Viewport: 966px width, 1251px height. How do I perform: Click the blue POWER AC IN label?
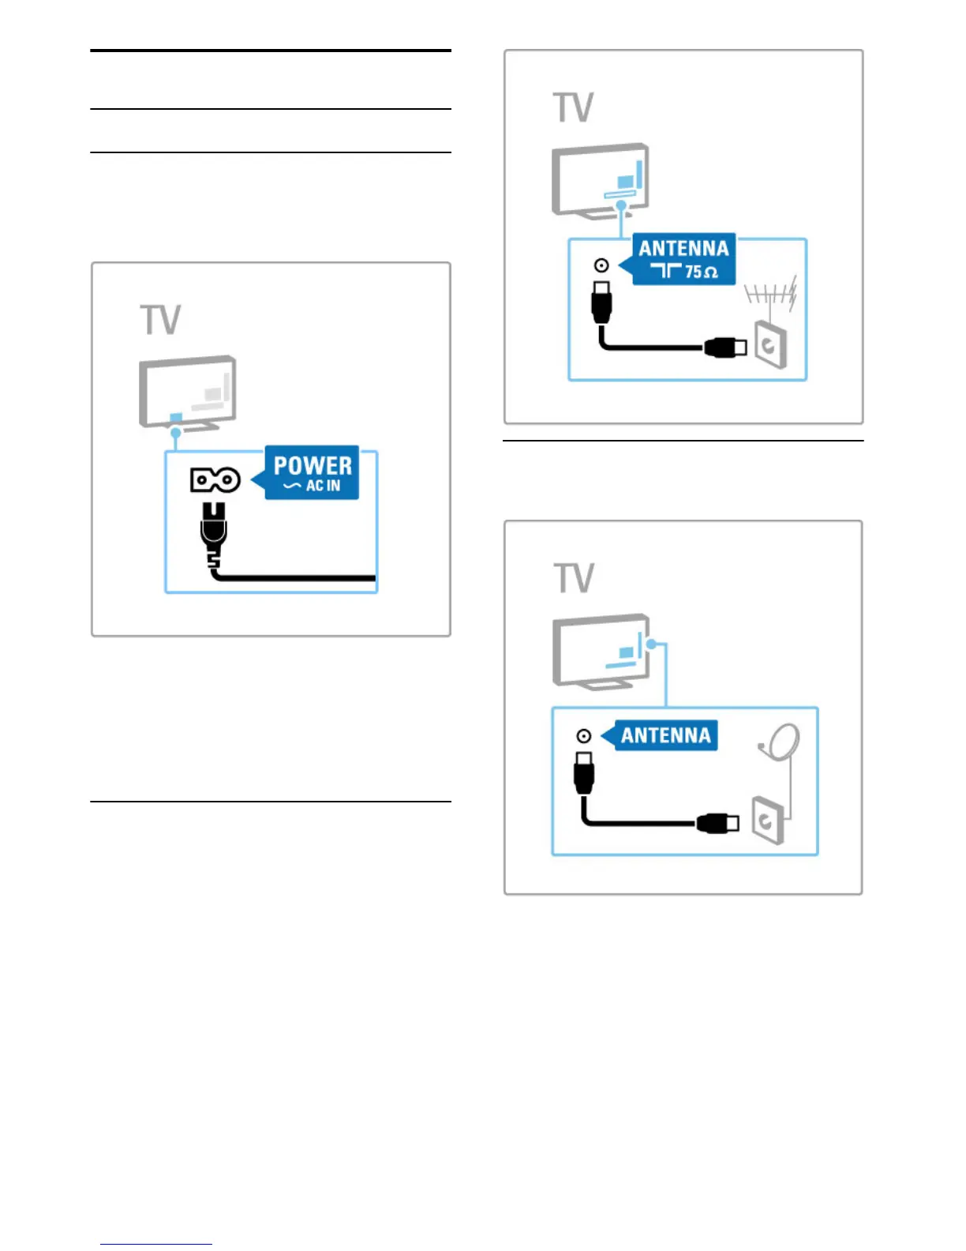[313, 473]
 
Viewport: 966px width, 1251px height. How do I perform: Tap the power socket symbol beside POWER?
[215, 479]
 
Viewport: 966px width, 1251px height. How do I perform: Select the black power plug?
[214, 531]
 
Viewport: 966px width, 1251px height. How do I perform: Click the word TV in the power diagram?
[161, 320]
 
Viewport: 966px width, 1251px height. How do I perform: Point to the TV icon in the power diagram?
[188, 392]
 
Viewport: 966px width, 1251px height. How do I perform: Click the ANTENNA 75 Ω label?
[683, 259]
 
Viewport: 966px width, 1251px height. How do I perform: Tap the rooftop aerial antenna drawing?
[771, 296]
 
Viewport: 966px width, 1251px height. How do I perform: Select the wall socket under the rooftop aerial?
[770, 344]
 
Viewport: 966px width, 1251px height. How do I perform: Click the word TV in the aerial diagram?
[574, 107]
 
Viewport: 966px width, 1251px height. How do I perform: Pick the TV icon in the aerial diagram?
[601, 179]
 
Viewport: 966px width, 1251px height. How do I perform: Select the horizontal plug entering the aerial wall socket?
[725, 347]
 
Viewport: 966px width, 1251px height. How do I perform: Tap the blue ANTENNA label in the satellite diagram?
[665, 735]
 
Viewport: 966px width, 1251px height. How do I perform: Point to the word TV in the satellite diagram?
[574, 578]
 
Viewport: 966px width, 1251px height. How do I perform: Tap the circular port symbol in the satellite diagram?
[584, 736]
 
